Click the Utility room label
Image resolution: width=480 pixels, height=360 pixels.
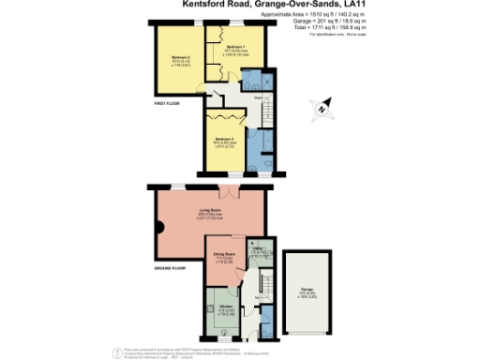point(256,248)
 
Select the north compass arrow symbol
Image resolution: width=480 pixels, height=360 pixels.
point(322,107)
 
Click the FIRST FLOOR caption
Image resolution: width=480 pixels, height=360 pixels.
point(166,101)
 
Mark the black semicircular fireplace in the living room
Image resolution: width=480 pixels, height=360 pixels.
point(160,227)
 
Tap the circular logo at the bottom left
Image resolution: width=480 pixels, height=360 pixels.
point(117,352)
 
